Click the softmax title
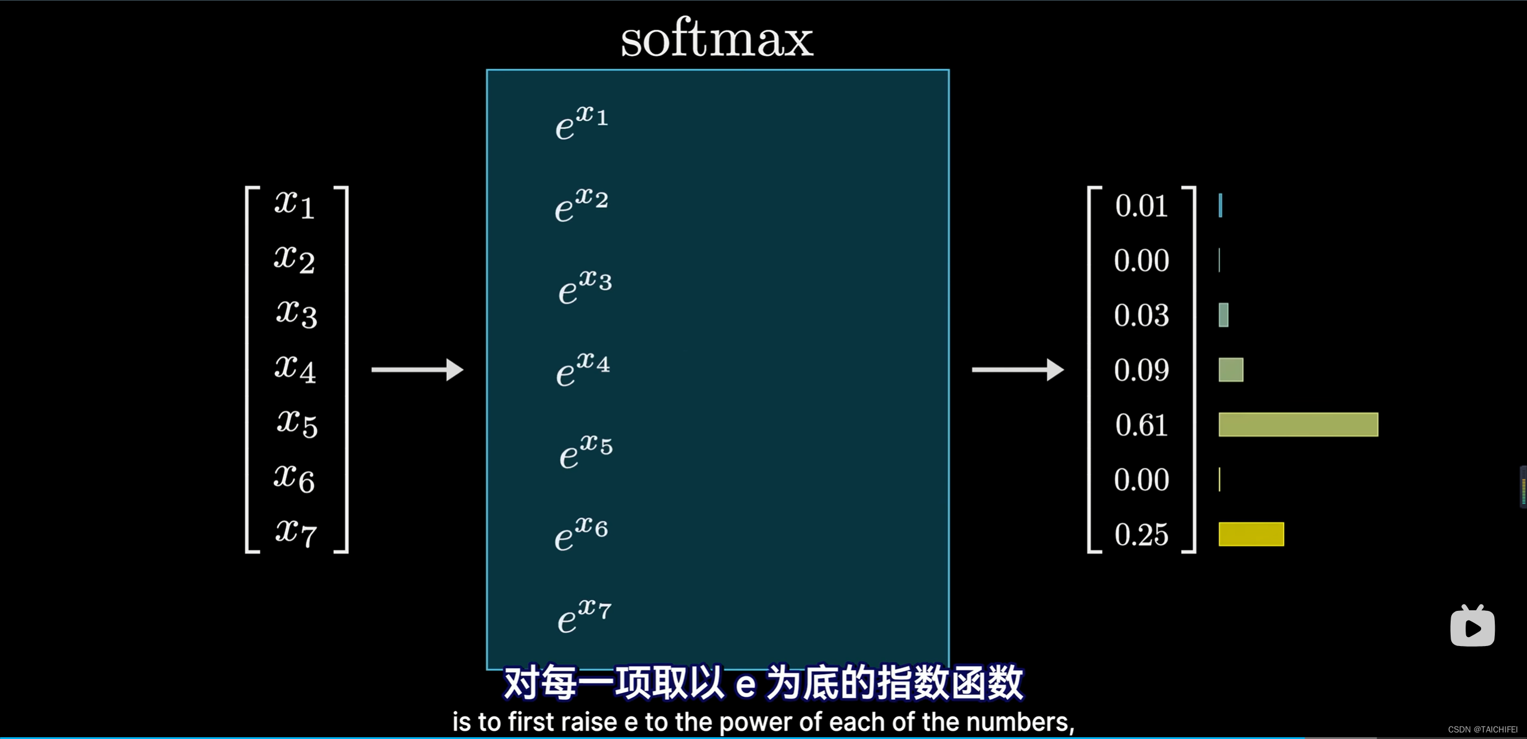[717, 39]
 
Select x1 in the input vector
[295, 204]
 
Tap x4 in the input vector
[295, 369]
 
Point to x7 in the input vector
[296, 532]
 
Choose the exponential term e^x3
[585, 287]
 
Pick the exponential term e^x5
[586, 451]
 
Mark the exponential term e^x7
[584, 616]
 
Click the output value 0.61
[1141, 425]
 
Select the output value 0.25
[1141, 535]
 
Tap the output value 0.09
[1141, 370]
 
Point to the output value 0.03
[1141, 315]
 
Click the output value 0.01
[1141, 206]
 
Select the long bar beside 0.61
[1298, 424]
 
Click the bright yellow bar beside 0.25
[1251, 534]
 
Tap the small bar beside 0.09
[1231, 369]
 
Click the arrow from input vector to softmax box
[417, 369]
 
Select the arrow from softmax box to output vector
[1017, 369]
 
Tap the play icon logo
[1472, 626]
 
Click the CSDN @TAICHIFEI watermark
[1483, 729]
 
